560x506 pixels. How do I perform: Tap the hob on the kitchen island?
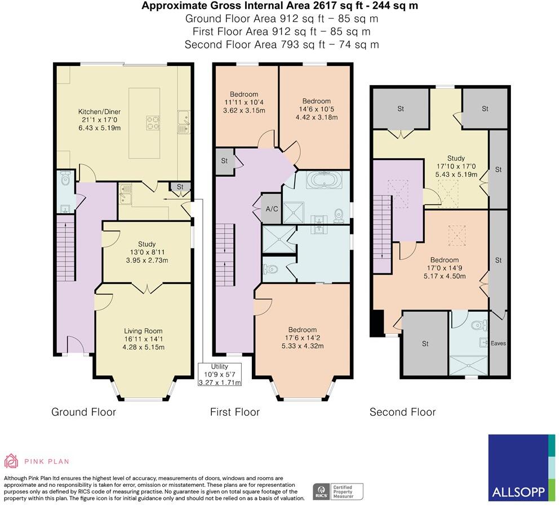click(153, 122)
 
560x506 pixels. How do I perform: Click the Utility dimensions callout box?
click(220, 375)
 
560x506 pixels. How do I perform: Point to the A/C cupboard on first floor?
click(272, 208)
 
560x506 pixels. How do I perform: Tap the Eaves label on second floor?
click(498, 343)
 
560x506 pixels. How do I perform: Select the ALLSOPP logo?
click(522, 468)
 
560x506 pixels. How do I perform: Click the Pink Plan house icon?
click(11, 461)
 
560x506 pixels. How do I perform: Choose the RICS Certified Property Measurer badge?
click(338, 492)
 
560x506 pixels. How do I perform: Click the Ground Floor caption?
click(83, 412)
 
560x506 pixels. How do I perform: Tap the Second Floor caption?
click(402, 412)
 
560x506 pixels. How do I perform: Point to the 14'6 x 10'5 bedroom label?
click(317, 109)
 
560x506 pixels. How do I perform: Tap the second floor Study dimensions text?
click(456, 170)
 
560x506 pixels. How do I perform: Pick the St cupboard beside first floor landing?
click(224, 161)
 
